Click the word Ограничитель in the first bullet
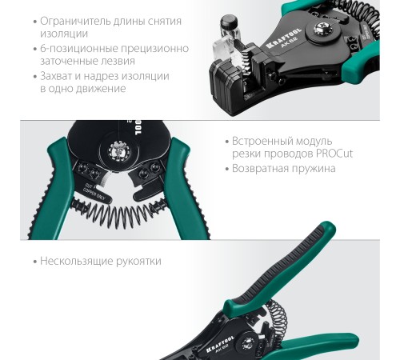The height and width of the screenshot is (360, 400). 75,22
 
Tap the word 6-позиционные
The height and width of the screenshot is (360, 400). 79,49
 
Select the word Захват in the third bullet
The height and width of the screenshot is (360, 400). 56,76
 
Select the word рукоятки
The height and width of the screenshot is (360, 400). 138,261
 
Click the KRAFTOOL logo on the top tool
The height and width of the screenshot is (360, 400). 283,38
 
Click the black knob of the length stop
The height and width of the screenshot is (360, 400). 230,22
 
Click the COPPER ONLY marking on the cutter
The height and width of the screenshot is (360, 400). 94,194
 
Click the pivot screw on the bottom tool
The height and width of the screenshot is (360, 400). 248,343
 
